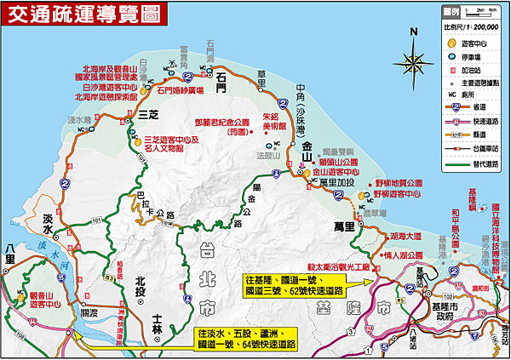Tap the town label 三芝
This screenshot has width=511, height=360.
tap(150, 113)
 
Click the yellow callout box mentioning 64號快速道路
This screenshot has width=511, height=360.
tap(246, 338)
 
